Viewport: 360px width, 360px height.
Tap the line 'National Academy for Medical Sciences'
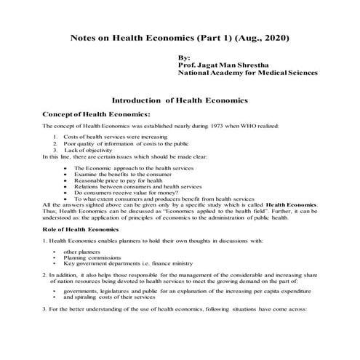[x=246, y=73]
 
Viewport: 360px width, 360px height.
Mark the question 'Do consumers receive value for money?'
[x=119, y=193]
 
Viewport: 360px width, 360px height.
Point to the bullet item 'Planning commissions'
[x=92, y=257]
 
